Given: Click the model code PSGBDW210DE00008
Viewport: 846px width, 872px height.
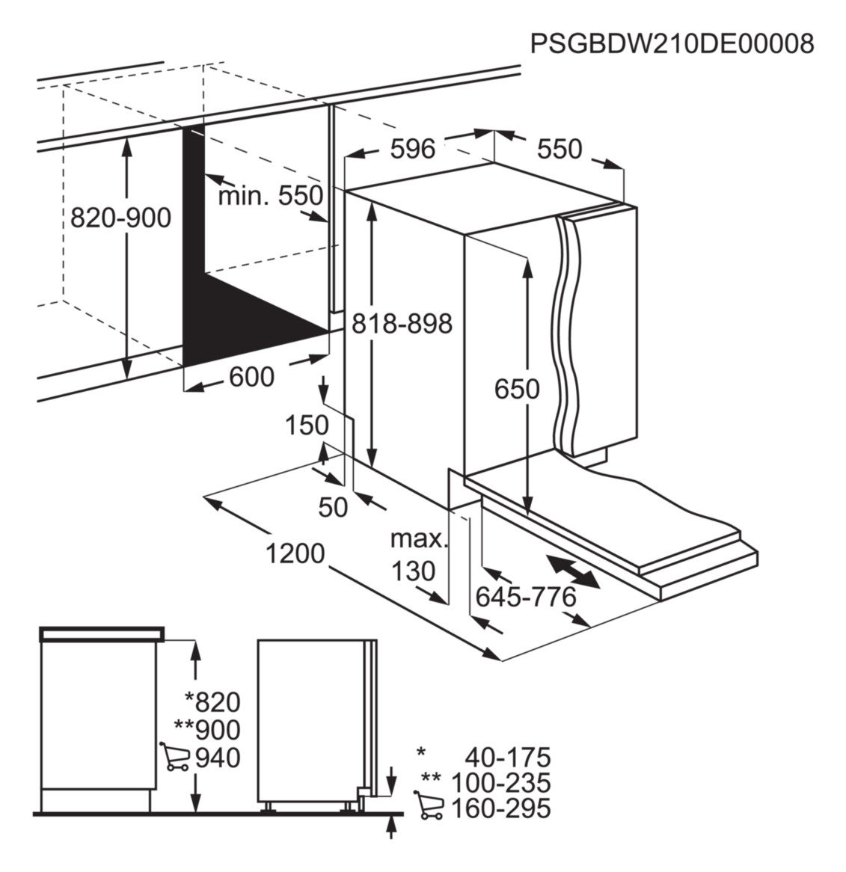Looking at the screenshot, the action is tap(672, 43).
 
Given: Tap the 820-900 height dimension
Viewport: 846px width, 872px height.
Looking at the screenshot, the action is tap(120, 218).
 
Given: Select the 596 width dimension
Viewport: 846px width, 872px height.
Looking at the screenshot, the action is tap(413, 149).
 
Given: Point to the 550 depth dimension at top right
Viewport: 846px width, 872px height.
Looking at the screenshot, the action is tap(560, 149).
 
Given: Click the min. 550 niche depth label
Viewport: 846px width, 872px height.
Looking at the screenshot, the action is tap(270, 196).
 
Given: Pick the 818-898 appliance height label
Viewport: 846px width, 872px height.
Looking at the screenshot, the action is tap(402, 323).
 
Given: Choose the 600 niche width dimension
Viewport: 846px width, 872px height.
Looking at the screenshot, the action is tap(252, 377).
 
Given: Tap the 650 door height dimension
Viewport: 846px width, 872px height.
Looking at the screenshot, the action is tap(517, 389).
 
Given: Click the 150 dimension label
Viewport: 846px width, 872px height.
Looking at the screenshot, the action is tap(307, 426).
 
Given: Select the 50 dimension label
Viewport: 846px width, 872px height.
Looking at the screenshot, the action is tap(333, 506).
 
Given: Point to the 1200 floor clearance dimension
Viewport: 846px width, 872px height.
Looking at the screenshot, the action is tap(295, 553).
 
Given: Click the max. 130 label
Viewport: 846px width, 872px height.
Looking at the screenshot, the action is tap(417, 555).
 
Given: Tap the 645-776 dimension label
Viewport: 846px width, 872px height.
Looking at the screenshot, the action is tap(526, 598).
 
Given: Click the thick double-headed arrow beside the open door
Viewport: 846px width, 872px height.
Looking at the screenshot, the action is tap(573, 571).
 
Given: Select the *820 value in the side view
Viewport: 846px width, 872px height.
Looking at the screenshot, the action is tap(213, 701).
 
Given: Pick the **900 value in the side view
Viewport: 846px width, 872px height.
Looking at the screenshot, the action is tap(207, 730).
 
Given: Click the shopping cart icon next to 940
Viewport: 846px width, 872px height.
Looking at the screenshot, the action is tap(174, 756).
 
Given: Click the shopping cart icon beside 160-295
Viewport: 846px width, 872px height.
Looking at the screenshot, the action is tap(429, 805).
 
